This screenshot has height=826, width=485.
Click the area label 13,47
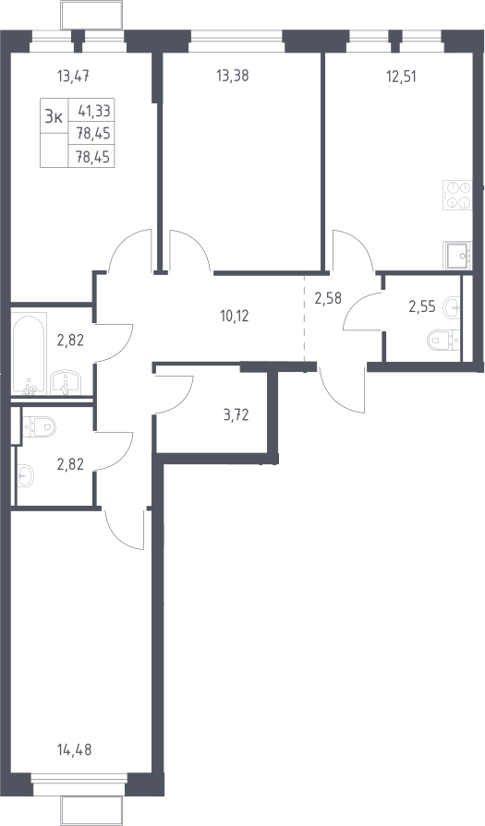coord(73,77)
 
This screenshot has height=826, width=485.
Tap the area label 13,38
coord(233,76)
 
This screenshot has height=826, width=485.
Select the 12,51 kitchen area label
coord(400,77)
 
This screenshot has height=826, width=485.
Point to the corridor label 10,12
coord(233,316)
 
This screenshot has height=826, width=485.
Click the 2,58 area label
coord(328,299)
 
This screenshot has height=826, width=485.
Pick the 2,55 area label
coord(422,306)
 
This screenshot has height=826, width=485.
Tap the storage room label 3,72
coord(236,416)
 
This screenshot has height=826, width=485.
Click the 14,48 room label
coord(74,749)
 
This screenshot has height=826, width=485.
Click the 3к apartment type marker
coord(55,116)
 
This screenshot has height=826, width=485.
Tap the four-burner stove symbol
coord(457,196)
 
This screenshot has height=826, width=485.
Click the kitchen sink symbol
coord(457,256)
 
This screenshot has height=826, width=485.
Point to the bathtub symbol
coord(29,353)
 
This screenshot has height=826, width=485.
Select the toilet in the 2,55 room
coord(443,340)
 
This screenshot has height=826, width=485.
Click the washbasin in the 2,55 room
coord(452,306)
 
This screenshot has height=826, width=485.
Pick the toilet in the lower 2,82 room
coord(39,425)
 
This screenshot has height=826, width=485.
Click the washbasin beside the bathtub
coord(65,382)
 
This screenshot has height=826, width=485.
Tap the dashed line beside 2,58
coord(305,318)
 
